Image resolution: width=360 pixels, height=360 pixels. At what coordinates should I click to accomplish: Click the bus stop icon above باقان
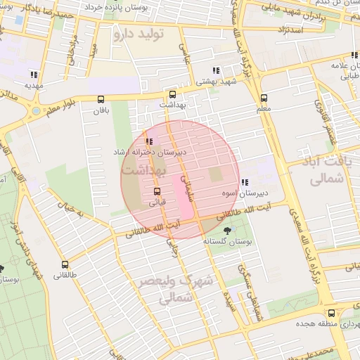pyautogui.click(x=101, y=99)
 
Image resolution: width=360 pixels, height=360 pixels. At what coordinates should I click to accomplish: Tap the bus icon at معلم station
pyautogui.click(x=264, y=98)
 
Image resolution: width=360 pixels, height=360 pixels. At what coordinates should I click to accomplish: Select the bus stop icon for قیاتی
pyautogui.click(x=156, y=191)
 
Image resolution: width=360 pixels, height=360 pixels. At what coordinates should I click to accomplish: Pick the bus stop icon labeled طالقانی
pyautogui.click(x=65, y=265)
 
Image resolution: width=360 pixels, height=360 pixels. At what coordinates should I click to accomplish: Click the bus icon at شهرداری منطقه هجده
pyautogui.click(x=330, y=314)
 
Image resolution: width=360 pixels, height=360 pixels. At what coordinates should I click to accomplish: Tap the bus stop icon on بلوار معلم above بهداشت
pyautogui.click(x=173, y=94)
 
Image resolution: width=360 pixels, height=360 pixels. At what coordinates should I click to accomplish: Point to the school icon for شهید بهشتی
pyautogui.click(x=216, y=70)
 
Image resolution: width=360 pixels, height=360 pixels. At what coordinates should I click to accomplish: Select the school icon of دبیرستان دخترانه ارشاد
pyautogui.click(x=148, y=141)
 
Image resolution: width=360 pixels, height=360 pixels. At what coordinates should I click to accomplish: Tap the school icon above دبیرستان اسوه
pyautogui.click(x=244, y=182)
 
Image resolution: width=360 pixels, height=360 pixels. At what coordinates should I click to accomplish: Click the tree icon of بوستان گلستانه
pyautogui.click(x=226, y=231)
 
